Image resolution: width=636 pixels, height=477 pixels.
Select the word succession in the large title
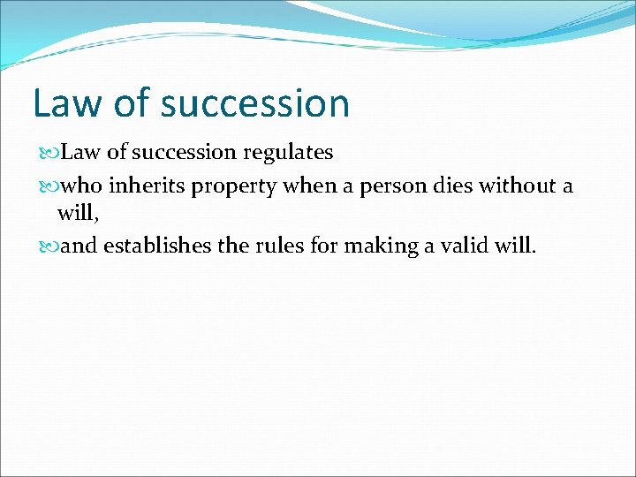255,103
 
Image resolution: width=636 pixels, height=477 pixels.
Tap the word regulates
288,153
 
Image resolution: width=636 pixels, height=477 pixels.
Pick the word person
403,186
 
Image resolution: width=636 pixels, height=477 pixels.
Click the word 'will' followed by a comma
74,213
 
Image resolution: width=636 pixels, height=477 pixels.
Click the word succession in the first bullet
186,153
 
